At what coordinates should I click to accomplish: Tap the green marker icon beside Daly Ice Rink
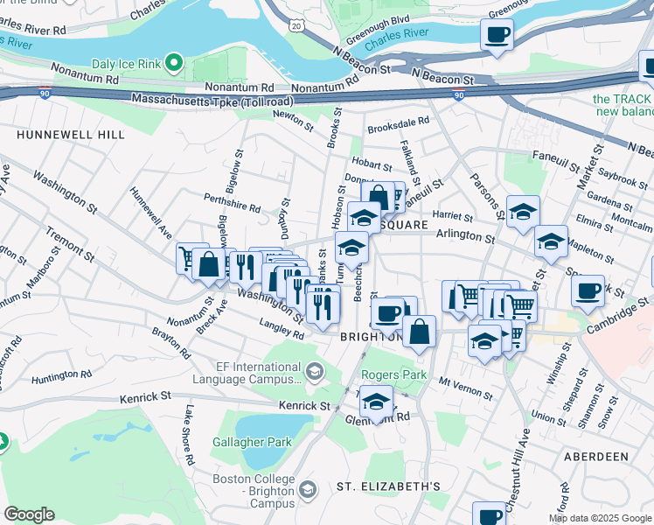click(175, 62)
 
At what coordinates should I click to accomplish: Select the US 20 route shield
click(296, 27)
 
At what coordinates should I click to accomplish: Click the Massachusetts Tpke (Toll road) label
click(212, 101)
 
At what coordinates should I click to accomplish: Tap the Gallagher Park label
click(252, 443)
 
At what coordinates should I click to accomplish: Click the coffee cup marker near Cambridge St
click(588, 289)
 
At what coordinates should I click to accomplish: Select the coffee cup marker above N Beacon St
click(497, 36)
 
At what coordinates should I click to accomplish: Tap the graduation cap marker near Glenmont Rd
click(376, 403)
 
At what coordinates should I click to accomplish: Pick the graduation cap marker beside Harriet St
click(523, 212)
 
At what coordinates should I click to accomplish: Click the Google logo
click(29, 514)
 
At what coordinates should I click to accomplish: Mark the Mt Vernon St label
click(462, 382)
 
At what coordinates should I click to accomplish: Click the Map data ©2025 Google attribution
click(599, 518)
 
